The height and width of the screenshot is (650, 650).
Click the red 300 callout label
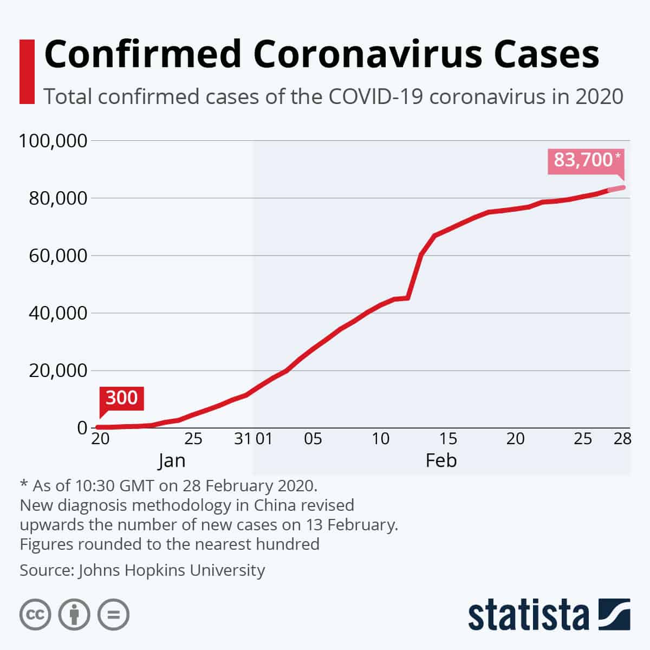tap(121, 398)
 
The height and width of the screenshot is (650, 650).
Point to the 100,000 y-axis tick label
tap(53, 141)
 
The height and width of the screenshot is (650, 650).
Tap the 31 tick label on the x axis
tap(242, 438)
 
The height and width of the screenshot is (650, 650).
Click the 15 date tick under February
tap(448, 438)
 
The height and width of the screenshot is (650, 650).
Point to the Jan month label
tap(172, 460)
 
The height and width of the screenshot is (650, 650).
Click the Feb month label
tap(441, 460)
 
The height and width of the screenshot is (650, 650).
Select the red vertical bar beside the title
tap(27, 71)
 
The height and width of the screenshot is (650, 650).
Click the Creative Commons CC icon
tap(36, 615)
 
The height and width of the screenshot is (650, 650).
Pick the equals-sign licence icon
tap(114, 615)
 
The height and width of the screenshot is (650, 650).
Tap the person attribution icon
tap(75, 615)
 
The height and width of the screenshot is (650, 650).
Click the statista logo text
tap(528, 615)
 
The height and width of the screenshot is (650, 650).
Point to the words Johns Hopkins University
tap(172, 570)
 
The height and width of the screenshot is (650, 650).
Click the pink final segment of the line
tap(616, 188)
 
